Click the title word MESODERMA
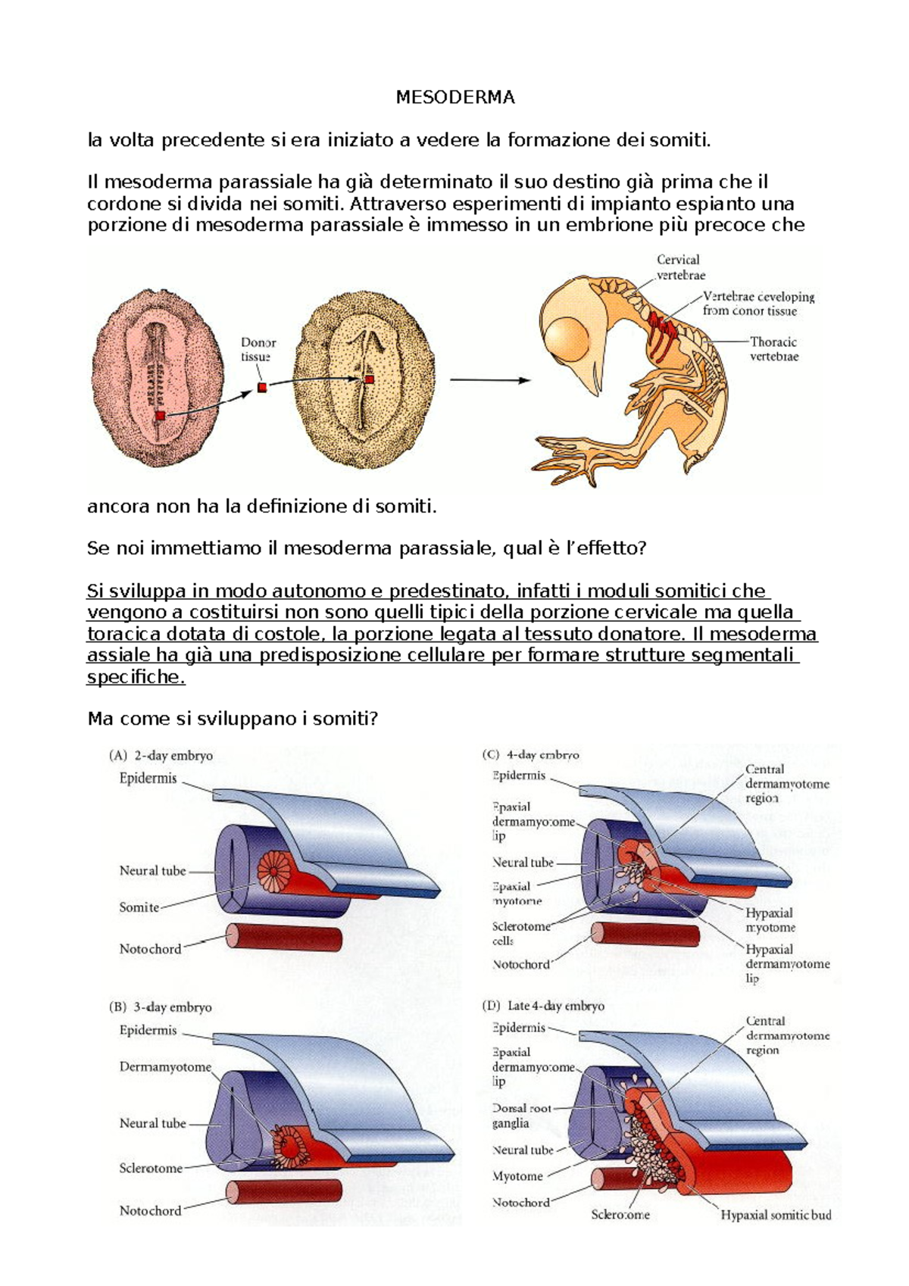pyautogui.click(x=455, y=97)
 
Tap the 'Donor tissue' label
pyautogui.click(x=258, y=350)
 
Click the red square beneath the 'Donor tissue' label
pyautogui.click(x=262, y=388)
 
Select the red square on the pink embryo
pyautogui.click(x=160, y=416)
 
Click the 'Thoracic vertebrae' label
pyautogui.click(x=773, y=349)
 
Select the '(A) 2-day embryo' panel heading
pyautogui.click(x=161, y=755)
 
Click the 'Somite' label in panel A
pyautogui.click(x=139, y=907)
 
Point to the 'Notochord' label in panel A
pyautogui.click(x=150, y=949)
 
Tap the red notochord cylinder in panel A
pyautogui.click(x=284, y=939)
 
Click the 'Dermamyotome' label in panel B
pyautogui.click(x=165, y=1067)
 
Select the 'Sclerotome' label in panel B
pyautogui.click(x=151, y=1168)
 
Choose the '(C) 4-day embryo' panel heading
pyautogui.click(x=530, y=755)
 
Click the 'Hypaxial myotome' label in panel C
pyautogui.click(x=770, y=920)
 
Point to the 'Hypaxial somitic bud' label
pyautogui.click(x=776, y=1215)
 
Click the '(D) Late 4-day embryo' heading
pyautogui.click(x=543, y=1006)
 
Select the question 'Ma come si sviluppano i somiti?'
pyautogui.click(x=233, y=719)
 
